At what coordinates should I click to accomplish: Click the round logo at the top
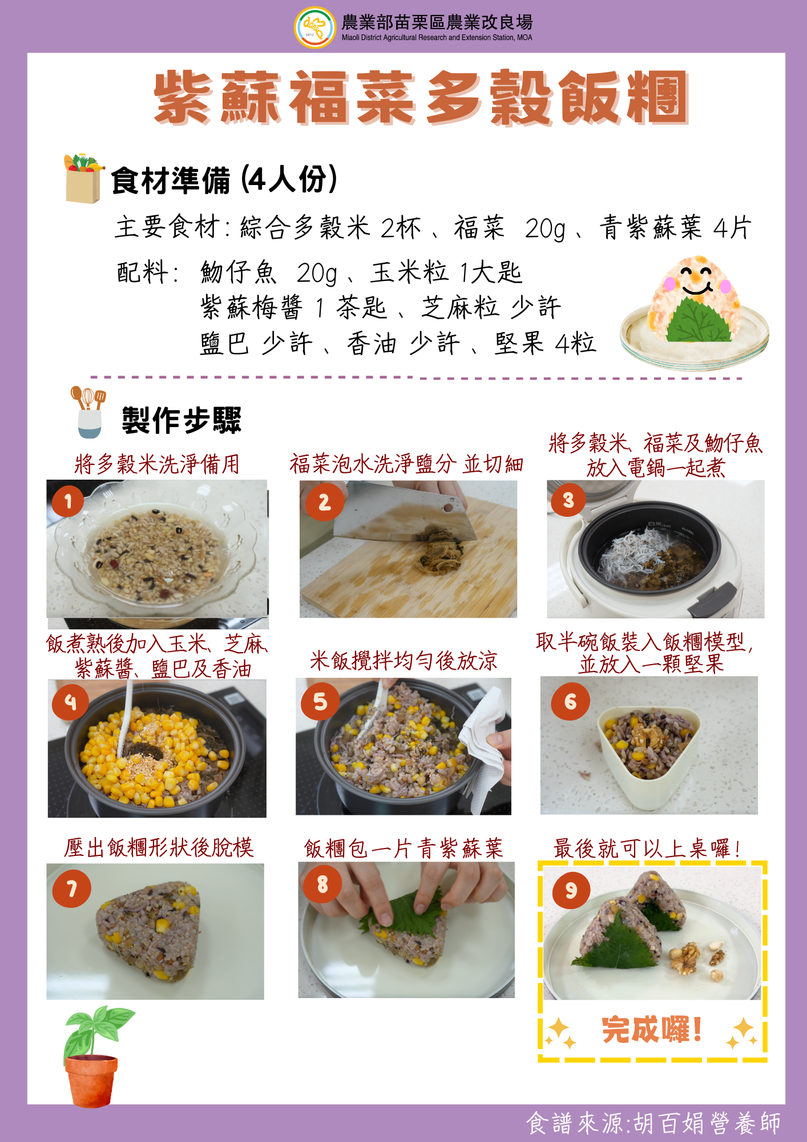314,27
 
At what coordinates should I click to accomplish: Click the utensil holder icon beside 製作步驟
89,412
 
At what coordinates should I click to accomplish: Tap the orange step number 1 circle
68,501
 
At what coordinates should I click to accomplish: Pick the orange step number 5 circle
320,701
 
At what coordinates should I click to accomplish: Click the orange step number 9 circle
571,890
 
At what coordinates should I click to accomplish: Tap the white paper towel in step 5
484,748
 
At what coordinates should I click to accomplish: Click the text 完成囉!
652,1030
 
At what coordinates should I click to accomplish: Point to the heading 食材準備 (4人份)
224,180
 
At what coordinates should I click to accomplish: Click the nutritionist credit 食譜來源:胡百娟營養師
653,1123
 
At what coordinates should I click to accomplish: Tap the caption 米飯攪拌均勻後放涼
403,661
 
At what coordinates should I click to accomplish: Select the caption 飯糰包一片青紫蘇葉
403,848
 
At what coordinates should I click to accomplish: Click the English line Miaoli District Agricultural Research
437,38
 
